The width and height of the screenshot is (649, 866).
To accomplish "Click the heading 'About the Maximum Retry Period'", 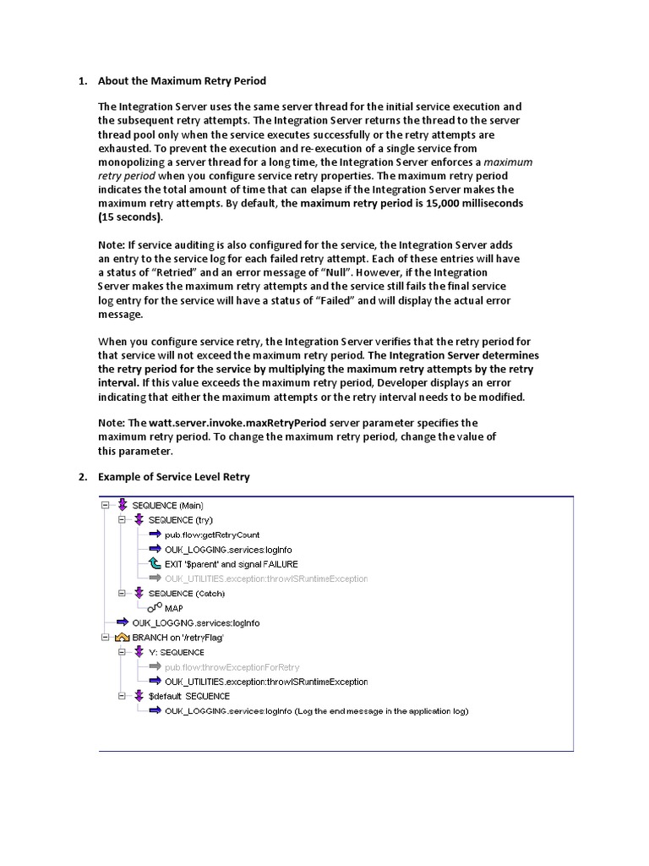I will tap(182, 81).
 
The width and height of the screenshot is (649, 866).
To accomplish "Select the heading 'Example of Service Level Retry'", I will tap(173, 477).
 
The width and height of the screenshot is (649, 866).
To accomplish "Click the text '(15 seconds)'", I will tap(129, 216).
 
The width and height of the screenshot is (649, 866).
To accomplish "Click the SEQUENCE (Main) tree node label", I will tap(167, 506).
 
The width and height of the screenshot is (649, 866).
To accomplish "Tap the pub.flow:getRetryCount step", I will tap(212, 534).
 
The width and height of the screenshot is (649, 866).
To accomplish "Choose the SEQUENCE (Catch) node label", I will tap(186, 594).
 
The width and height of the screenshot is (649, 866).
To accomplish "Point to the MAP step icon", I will tap(154, 608).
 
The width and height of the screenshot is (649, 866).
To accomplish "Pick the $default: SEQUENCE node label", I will tap(188, 696).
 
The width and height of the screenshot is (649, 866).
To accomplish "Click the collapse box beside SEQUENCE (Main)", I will tap(106, 506).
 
